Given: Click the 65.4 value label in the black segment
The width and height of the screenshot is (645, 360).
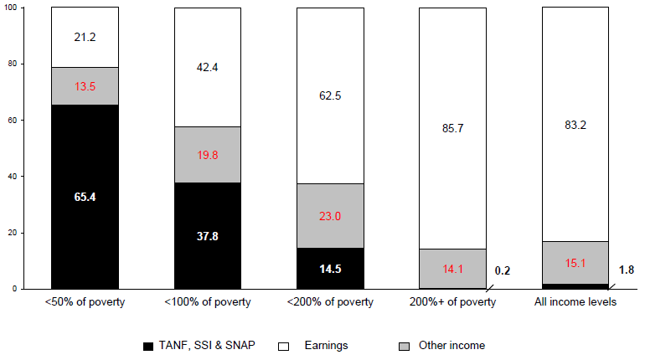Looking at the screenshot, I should [85, 198].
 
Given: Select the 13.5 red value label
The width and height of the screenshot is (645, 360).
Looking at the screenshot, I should [85, 85].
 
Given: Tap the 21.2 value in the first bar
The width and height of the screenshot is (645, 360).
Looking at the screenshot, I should [85, 37].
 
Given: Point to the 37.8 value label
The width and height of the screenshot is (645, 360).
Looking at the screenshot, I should [208, 236].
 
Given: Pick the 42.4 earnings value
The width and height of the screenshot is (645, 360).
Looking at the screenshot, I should [208, 67].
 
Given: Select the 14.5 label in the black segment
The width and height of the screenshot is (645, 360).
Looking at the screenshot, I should [331, 269].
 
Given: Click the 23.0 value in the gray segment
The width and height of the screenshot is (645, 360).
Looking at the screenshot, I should [331, 215].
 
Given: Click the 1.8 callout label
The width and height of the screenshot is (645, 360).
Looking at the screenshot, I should [627, 270].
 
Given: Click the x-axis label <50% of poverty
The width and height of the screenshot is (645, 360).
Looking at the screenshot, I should [85, 302].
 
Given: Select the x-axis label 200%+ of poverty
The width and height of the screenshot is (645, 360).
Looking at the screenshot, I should [453, 302].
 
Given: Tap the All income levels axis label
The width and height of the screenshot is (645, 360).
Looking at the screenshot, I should [576, 302].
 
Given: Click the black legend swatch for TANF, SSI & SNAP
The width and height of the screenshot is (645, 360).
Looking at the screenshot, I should [148, 346].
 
